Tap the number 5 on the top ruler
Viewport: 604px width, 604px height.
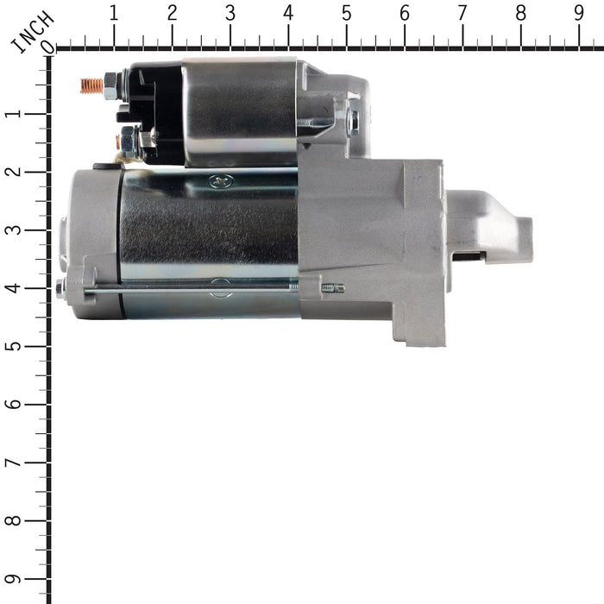pyautogui.click(x=346, y=14)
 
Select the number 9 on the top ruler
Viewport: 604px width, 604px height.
pyautogui.click(x=578, y=14)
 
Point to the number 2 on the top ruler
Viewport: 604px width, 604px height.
pyautogui.click(x=172, y=14)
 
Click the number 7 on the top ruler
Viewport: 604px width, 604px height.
pyautogui.click(x=462, y=14)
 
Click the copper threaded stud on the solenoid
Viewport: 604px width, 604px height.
pyautogui.click(x=91, y=85)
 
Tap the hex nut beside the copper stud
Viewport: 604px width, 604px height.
pyautogui.click(x=110, y=85)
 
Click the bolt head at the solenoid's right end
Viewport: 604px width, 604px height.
pyautogui.click(x=353, y=122)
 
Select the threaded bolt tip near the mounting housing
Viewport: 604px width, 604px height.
pyautogui.click(x=333, y=288)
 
